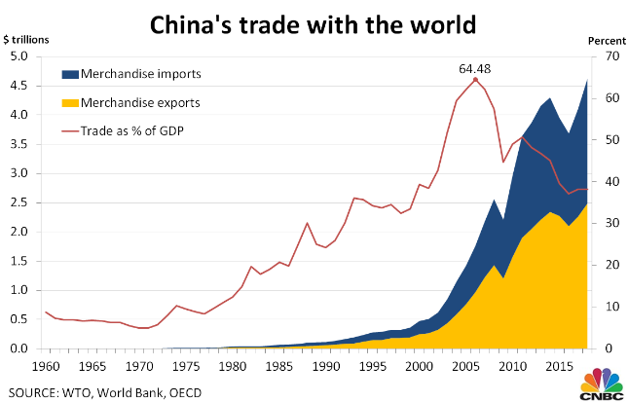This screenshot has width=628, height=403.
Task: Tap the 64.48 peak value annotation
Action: [x=475, y=69]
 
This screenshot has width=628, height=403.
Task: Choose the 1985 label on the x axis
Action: [x=278, y=366]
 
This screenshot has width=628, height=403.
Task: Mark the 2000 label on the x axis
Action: [x=418, y=366]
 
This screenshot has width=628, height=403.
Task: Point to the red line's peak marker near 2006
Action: [x=475, y=80]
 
